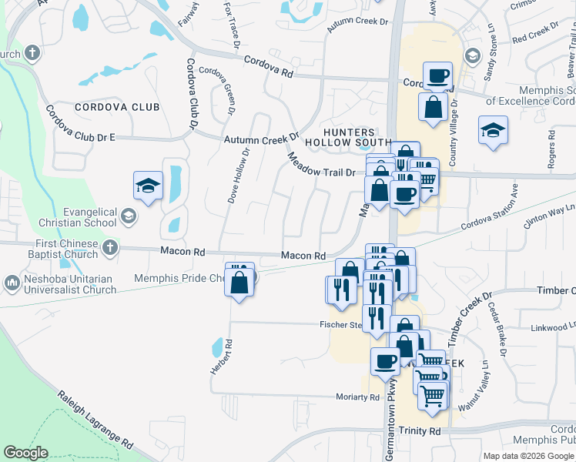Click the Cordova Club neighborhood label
(x=117, y=107)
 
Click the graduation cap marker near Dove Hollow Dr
(x=148, y=187)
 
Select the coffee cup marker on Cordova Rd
(x=437, y=77)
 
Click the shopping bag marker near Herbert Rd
(x=239, y=283)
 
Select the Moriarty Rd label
(x=358, y=397)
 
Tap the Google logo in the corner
(x=26, y=453)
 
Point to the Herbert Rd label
(x=220, y=356)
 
